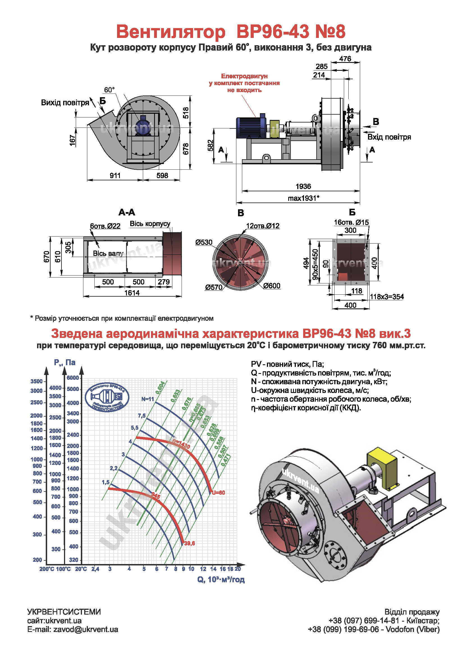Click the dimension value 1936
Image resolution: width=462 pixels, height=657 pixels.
[303, 187]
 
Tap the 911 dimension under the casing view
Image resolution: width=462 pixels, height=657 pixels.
[115, 176]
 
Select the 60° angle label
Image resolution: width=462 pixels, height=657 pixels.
[109, 90]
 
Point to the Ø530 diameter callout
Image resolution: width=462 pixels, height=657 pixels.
[203, 242]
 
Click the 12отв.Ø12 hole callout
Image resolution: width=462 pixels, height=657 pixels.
[262, 226]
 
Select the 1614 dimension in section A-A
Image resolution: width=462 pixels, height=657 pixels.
[132, 293]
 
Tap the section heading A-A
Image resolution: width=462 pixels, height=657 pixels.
[127, 212]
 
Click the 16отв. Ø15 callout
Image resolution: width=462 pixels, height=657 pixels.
[351, 222]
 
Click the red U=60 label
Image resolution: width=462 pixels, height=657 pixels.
[218, 493]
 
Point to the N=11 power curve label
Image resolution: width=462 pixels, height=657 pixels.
[148, 399]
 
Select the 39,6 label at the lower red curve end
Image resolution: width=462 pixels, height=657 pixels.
[189, 543]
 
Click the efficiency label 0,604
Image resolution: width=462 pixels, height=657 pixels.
[160, 387]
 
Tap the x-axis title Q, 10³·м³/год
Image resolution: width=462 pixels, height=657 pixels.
[221, 579]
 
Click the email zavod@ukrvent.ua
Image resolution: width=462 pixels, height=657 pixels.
[73, 629]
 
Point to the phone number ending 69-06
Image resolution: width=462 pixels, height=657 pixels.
[343, 629]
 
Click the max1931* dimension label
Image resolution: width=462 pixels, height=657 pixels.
[303, 198]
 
